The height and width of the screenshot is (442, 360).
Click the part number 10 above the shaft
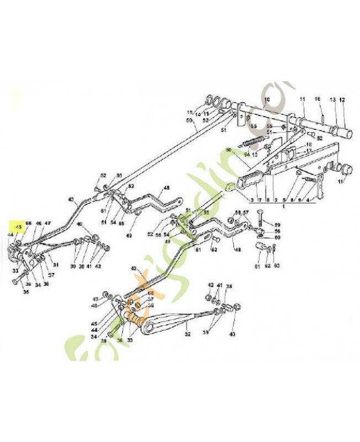(x=266, y=100)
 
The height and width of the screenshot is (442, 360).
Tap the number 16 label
(x=317, y=99)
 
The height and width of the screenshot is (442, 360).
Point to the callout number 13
(x=333, y=100)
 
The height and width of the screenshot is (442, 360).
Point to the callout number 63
(x=277, y=266)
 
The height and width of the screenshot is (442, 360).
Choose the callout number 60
(x=278, y=237)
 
